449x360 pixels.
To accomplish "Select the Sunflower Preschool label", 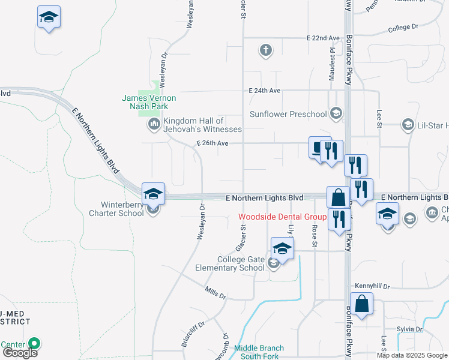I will [x=288, y=114].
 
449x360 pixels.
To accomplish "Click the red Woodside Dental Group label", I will [x=282, y=217].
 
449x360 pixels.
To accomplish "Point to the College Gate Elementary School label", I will [x=230, y=263].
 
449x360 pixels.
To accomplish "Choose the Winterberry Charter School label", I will [x=116, y=208].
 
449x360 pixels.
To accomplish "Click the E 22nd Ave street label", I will [x=323, y=38].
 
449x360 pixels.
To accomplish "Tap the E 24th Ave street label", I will [x=265, y=91].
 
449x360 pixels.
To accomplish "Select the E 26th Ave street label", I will [x=212, y=143].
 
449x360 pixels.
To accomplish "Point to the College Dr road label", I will [x=403, y=28].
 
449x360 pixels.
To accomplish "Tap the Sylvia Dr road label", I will [x=410, y=329].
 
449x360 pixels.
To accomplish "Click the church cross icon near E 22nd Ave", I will [x=266, y=49].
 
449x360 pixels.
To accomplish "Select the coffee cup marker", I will [x=318, y=148].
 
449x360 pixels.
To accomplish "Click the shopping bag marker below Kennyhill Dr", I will [x=363, y=304].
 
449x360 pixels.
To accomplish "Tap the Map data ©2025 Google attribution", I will [x=412, y=355].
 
